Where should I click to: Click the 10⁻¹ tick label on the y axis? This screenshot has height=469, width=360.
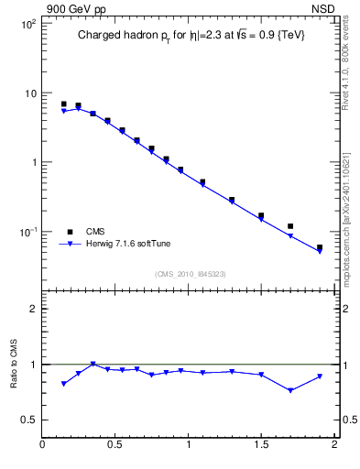click(27, 232)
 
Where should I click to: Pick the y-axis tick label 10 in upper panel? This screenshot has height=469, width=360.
click(29, 93)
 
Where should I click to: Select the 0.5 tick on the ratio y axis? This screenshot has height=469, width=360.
click(27, 420)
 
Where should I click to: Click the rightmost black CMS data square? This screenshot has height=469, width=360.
click(320, 247)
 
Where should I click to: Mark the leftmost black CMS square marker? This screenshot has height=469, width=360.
click(63, 104)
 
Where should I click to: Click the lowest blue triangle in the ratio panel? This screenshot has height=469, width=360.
click(290, 390)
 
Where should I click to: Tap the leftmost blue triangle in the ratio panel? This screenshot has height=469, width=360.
click(63, 384)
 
